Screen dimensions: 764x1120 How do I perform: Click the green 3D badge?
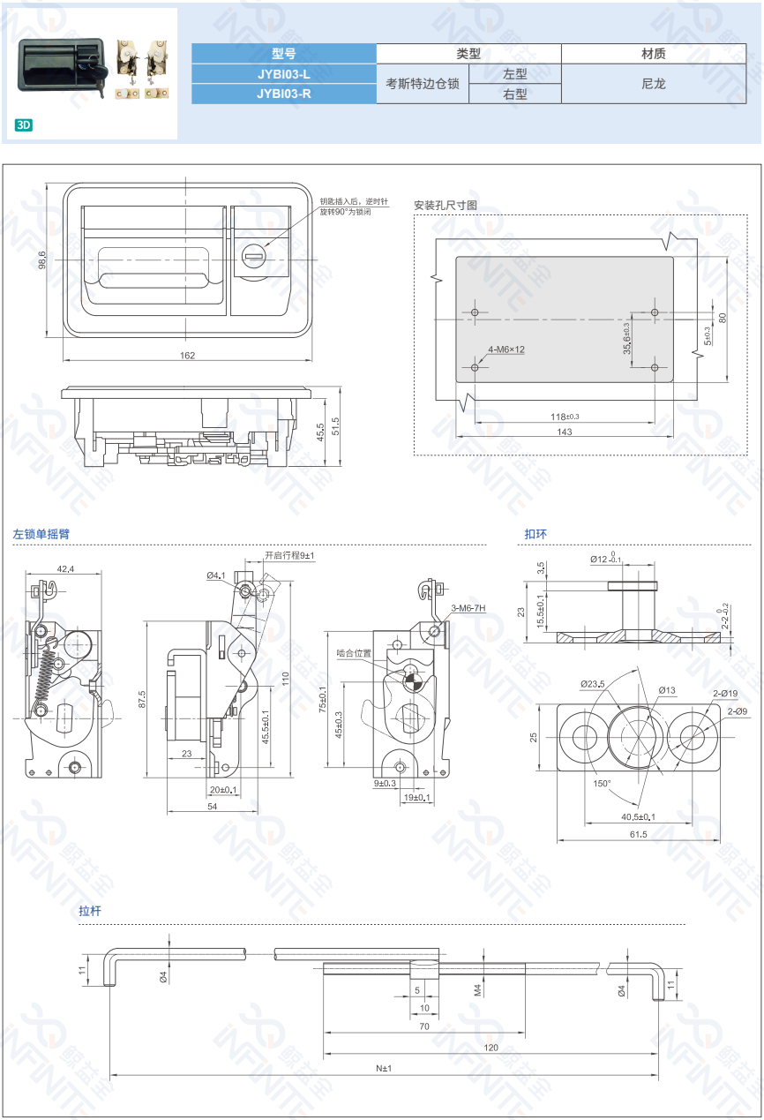pyautogui.click(x=24, y=125)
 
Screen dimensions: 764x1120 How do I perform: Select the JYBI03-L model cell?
pyautogui.click(x=284, y=74)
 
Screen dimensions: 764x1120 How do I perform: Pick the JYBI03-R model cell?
pyautogui.click(x=284, y=94)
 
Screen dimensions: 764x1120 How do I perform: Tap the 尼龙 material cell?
pyautogui.click(x=654, y=84)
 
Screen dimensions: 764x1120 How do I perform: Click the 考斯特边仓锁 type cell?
pyautogui.click(x=423, y=84)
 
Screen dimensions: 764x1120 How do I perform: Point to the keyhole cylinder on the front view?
pyautogui.click(x=254, y=257)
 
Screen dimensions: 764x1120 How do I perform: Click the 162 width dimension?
pyautogui.click(x=187, y=356)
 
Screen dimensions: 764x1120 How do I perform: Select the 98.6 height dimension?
pyautogui.click(x=42, y=260)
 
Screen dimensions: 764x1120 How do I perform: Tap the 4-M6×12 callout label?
pyautogui.click(x=506, y=350)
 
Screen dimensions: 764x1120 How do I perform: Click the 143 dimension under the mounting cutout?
pyautogui.click(x=565, y=432)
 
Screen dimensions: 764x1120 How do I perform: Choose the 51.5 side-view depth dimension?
pyautogui.click(x=335, y=426)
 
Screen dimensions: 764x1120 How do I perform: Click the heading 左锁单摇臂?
pyautogui.click(x=41, y=534)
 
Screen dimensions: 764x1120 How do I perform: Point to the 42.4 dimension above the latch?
pyautogui.click(x=65, y=569)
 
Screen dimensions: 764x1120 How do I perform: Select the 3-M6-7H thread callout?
pyautogui.click(x=468, y=608)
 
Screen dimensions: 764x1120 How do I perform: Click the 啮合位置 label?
pyautogui.click(x=354, y=653)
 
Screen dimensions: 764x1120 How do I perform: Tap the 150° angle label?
pyautogui.click(x=602, y=784)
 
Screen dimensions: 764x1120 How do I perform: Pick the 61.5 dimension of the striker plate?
pyautogui.click(x=639, y=834)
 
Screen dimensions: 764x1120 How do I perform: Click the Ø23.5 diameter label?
pyautogui.click(x=593, y=683)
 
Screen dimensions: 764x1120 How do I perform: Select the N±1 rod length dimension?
pyautogui.click(x=384, y=1068)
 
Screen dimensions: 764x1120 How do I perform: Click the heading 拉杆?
pyautogui.click(x=90, y=911)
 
